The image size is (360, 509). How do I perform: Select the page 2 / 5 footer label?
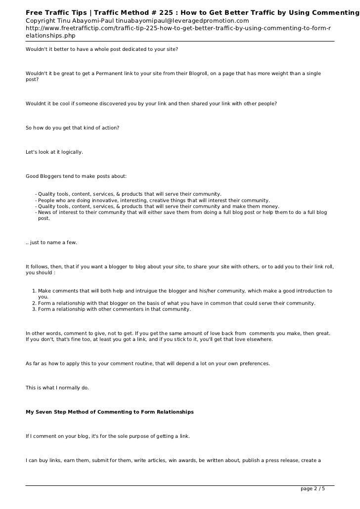313,489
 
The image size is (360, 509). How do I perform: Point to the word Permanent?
110,74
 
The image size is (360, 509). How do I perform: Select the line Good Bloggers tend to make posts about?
76,176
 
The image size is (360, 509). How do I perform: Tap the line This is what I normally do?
57,388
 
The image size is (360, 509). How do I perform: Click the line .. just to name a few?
51,243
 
